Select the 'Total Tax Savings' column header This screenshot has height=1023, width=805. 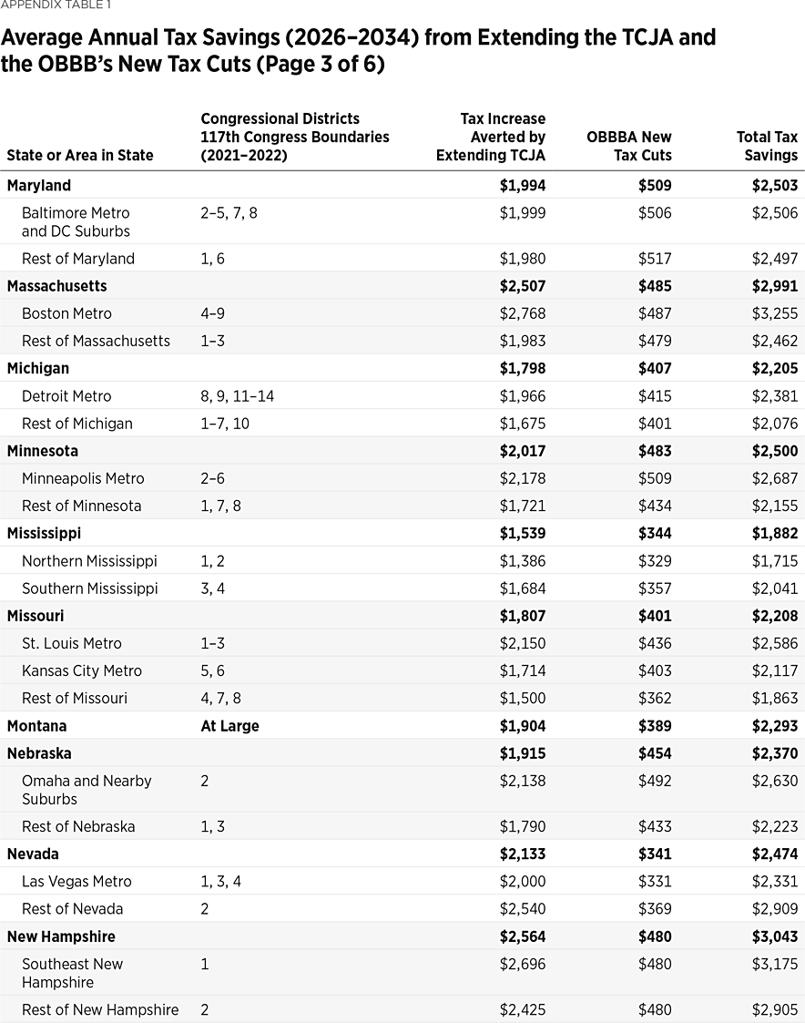click(767, 146)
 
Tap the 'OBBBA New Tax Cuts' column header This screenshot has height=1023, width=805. click(629, 146)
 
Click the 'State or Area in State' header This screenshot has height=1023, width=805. click(80, 155)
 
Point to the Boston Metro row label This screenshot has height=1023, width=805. click(66, 313)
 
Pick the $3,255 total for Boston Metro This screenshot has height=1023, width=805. click(775, 313)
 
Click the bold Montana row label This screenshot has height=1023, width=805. click(36, 726)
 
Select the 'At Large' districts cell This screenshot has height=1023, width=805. click(229, 726)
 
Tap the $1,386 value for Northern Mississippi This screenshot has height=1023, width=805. click(523, 561)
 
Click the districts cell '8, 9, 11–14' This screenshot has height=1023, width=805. click(237, 396)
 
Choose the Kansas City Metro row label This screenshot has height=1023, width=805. click(82, 670)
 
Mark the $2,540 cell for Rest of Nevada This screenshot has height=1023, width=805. click(523, 908)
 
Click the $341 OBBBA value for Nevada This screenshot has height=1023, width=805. click(654, 854)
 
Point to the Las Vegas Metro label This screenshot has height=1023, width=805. click(76, 881)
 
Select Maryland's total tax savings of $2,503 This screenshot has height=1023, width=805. click(774, 185)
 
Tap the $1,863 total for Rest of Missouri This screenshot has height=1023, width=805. click(775, 698)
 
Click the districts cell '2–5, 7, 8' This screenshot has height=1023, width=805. click(229, 212)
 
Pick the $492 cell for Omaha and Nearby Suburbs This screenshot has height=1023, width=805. click(655, 781)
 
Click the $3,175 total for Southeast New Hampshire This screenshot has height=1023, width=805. click(775, 964)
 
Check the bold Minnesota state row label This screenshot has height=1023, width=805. click(43, 451)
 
